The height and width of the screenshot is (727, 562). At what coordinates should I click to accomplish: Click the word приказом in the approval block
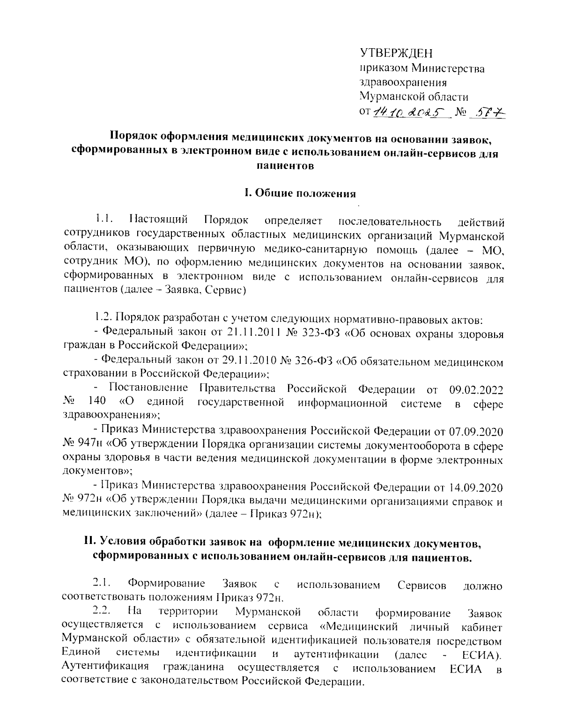[382, 69]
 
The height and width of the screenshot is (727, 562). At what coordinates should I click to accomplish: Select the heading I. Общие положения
[300, 193]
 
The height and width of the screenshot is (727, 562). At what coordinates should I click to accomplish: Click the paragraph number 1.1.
[103, 219]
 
